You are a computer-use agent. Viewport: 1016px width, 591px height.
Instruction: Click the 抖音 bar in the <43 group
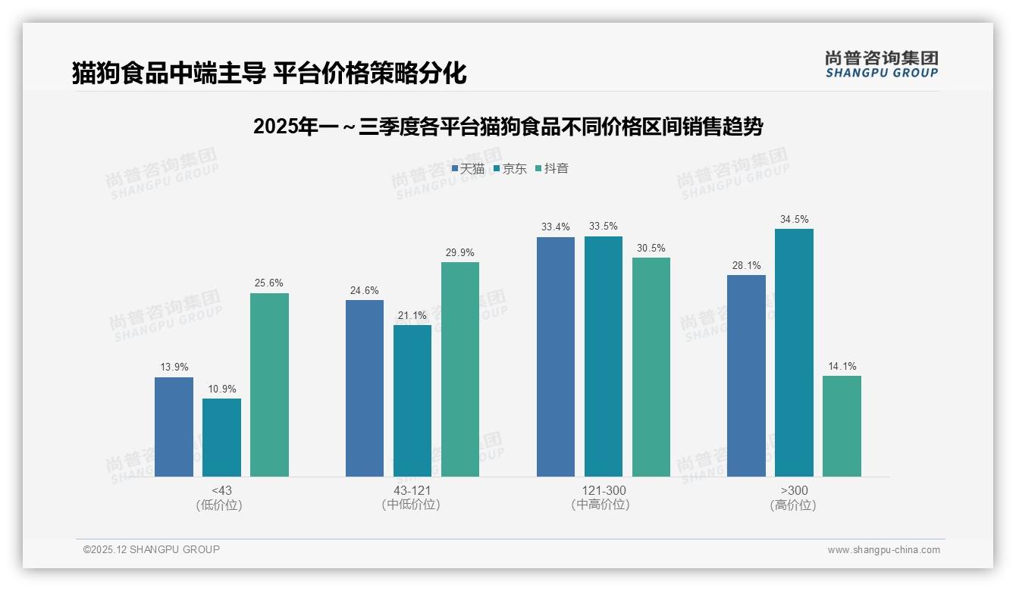point(269,385)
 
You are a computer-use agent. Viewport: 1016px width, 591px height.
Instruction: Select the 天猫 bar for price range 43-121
point(365,388)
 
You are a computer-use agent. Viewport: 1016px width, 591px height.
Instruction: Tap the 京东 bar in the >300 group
point(794,352)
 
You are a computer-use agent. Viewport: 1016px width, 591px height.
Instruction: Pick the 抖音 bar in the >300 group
point(842,426)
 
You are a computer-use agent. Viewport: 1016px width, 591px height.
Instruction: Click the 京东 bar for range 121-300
point(604,356)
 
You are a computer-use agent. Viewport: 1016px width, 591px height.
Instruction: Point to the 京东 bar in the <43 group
point(221,437)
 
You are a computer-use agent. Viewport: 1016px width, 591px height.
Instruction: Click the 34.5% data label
point(794,220)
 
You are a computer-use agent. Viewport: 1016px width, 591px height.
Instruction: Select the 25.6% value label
point(269,283)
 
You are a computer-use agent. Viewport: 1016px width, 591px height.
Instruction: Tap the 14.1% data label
point(842,367)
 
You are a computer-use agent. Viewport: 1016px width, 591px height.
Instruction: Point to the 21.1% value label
point(412,315)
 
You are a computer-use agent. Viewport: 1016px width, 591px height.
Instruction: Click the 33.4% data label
point(556,227)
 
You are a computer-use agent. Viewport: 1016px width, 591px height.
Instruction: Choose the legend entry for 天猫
point(468,168)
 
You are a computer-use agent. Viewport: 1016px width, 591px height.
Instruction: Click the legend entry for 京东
point(510,168)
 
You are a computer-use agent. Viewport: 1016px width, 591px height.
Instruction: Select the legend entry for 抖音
point(552,168)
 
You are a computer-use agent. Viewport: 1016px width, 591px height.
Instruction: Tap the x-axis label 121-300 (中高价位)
point(604,498)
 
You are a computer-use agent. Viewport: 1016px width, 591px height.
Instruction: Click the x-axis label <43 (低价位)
point(221,498)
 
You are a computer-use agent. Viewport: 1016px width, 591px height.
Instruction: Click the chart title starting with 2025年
point(508,127)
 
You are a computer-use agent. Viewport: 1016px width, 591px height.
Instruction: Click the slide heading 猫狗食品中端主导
point(269,73)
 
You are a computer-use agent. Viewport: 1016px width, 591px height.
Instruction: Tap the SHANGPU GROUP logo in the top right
point(881,64)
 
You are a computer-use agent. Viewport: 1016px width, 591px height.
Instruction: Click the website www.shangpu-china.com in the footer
point(883,550)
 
